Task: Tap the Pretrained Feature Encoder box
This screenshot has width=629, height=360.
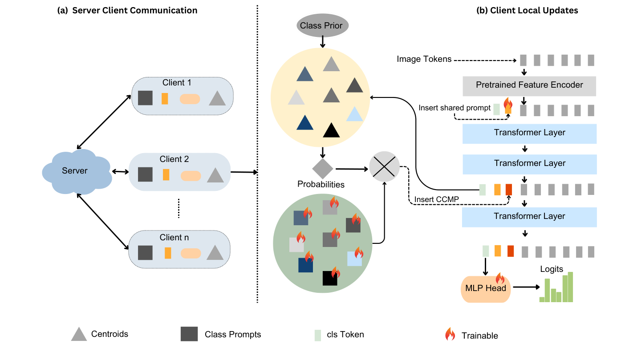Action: coord(529,85)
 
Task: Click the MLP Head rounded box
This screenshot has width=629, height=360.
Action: coord(486,288)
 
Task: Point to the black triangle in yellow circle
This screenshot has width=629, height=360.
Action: coord(331,130)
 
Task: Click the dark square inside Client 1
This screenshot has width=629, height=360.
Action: coord(146,98)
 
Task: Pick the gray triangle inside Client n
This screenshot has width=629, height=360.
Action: coord(215,253)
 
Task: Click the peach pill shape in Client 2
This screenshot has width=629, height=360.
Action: coord(191,175)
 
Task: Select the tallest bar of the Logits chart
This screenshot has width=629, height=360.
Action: coord(570,287)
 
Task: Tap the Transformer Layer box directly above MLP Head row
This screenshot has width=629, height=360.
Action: coord(529,216)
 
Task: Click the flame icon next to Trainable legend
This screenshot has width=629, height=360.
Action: coord(450,335)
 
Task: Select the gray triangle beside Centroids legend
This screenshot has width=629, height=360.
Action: coord(79,334)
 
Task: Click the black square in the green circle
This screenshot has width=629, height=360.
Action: coord(330,278)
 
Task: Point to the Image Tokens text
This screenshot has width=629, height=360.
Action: coord(424,59)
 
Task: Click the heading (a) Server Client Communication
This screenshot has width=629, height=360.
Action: coord(127,10)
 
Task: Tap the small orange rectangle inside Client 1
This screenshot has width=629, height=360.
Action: coord(165,98)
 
